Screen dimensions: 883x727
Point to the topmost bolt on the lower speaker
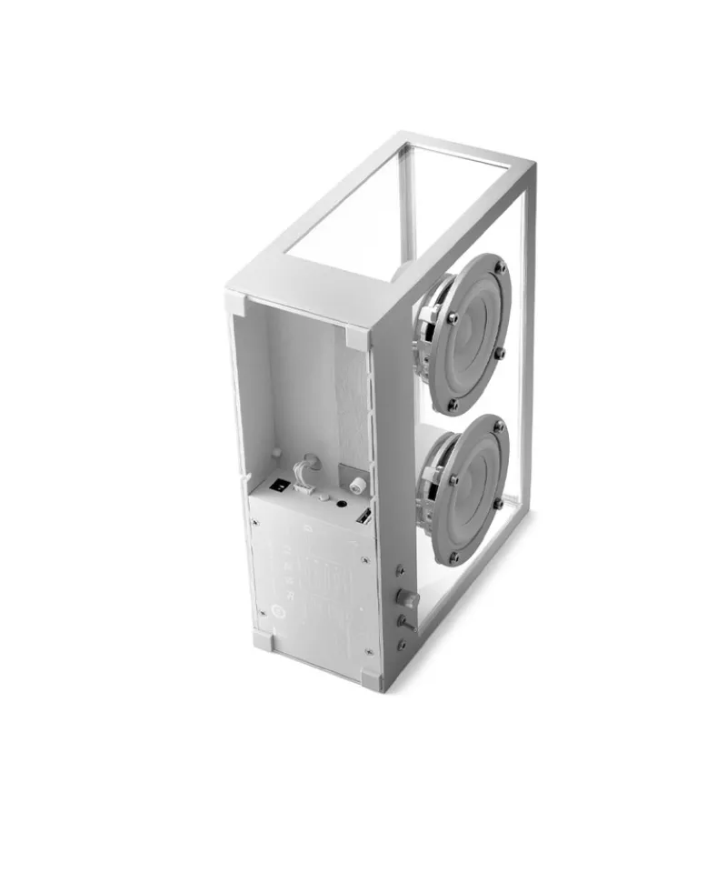point(498,427)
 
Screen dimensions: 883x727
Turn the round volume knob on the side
point(409,597)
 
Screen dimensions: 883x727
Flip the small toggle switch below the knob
point(403,621)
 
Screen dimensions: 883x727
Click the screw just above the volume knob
point(401,572)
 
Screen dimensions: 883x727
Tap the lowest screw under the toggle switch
point(401,645)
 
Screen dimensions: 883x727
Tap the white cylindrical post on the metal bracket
point(357,484)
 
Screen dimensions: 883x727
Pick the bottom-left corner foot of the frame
point(263,639)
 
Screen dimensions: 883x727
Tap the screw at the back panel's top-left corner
point(255,522)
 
